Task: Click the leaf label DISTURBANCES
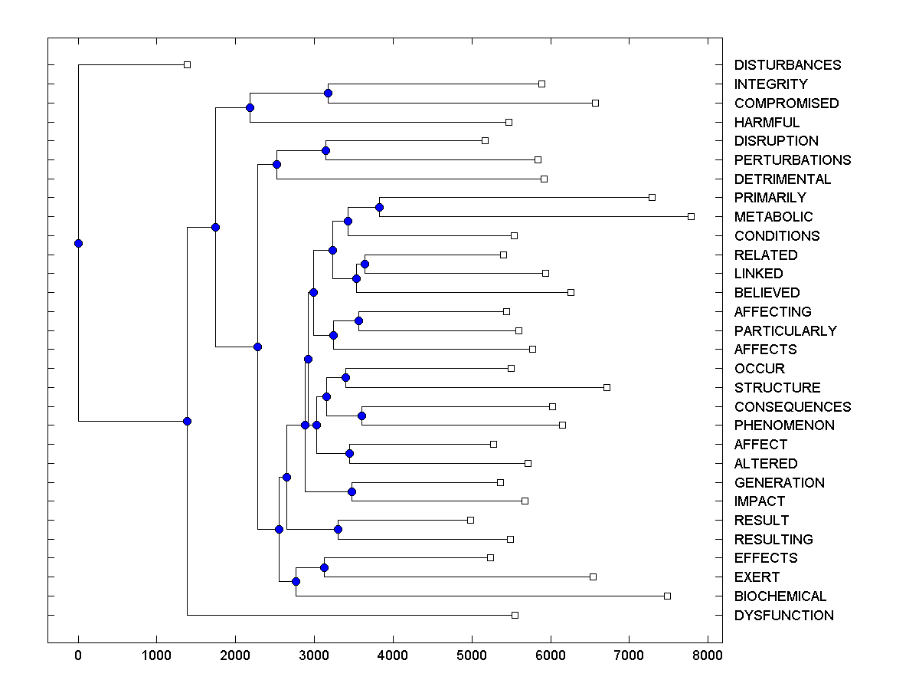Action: point(787,65)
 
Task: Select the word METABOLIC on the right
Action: point(773,217)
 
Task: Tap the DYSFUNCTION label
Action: point(783,616)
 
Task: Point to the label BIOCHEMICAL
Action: point(780,596)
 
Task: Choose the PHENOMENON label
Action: point(784,426)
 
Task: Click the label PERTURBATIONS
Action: point(793,160)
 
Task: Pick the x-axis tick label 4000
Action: point(393,656)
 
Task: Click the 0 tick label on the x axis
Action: point(78,656)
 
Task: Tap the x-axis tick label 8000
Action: point(708,656)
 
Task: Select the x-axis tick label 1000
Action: point(157,656)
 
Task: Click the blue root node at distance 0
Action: point(78,243)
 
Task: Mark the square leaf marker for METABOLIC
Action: point(691,217)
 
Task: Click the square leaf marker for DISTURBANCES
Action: point(187,65)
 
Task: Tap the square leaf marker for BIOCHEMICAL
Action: point(667,596)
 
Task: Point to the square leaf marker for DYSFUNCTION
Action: point(515,615)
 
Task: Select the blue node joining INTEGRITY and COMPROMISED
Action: point(329,93)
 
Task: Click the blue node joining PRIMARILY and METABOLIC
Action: point(379,207)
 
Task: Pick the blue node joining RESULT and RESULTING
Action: point(338,529)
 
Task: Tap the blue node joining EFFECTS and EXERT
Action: point(324,567)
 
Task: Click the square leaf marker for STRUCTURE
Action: point(607,387)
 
